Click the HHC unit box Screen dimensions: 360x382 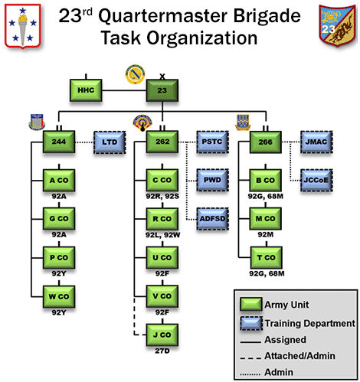coord(86,90)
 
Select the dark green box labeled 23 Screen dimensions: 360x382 coord(162,90)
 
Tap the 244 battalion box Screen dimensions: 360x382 coord(59,142)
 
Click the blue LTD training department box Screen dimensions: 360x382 coord(110,142)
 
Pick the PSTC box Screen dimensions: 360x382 coord(212,142)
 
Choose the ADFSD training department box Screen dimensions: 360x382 coord(212,219)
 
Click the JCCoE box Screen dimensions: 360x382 coord(316,181)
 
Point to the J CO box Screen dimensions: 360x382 coord(162,335)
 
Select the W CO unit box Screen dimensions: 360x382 coord(59,296)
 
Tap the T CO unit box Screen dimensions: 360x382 coord(266,258)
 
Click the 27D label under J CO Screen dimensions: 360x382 coord(162,351)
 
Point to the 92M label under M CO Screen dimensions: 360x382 coord(266,234)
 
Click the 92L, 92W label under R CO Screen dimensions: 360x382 coord(162,235)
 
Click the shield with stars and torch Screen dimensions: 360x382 coord(23,26)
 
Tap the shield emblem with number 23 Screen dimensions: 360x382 coord(338,25)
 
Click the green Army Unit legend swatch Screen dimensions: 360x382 coord(251,304)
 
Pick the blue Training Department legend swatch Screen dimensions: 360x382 coord(251,323)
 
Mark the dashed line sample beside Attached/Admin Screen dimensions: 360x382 coord(250,358)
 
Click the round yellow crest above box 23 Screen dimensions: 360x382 coord(135,74)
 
